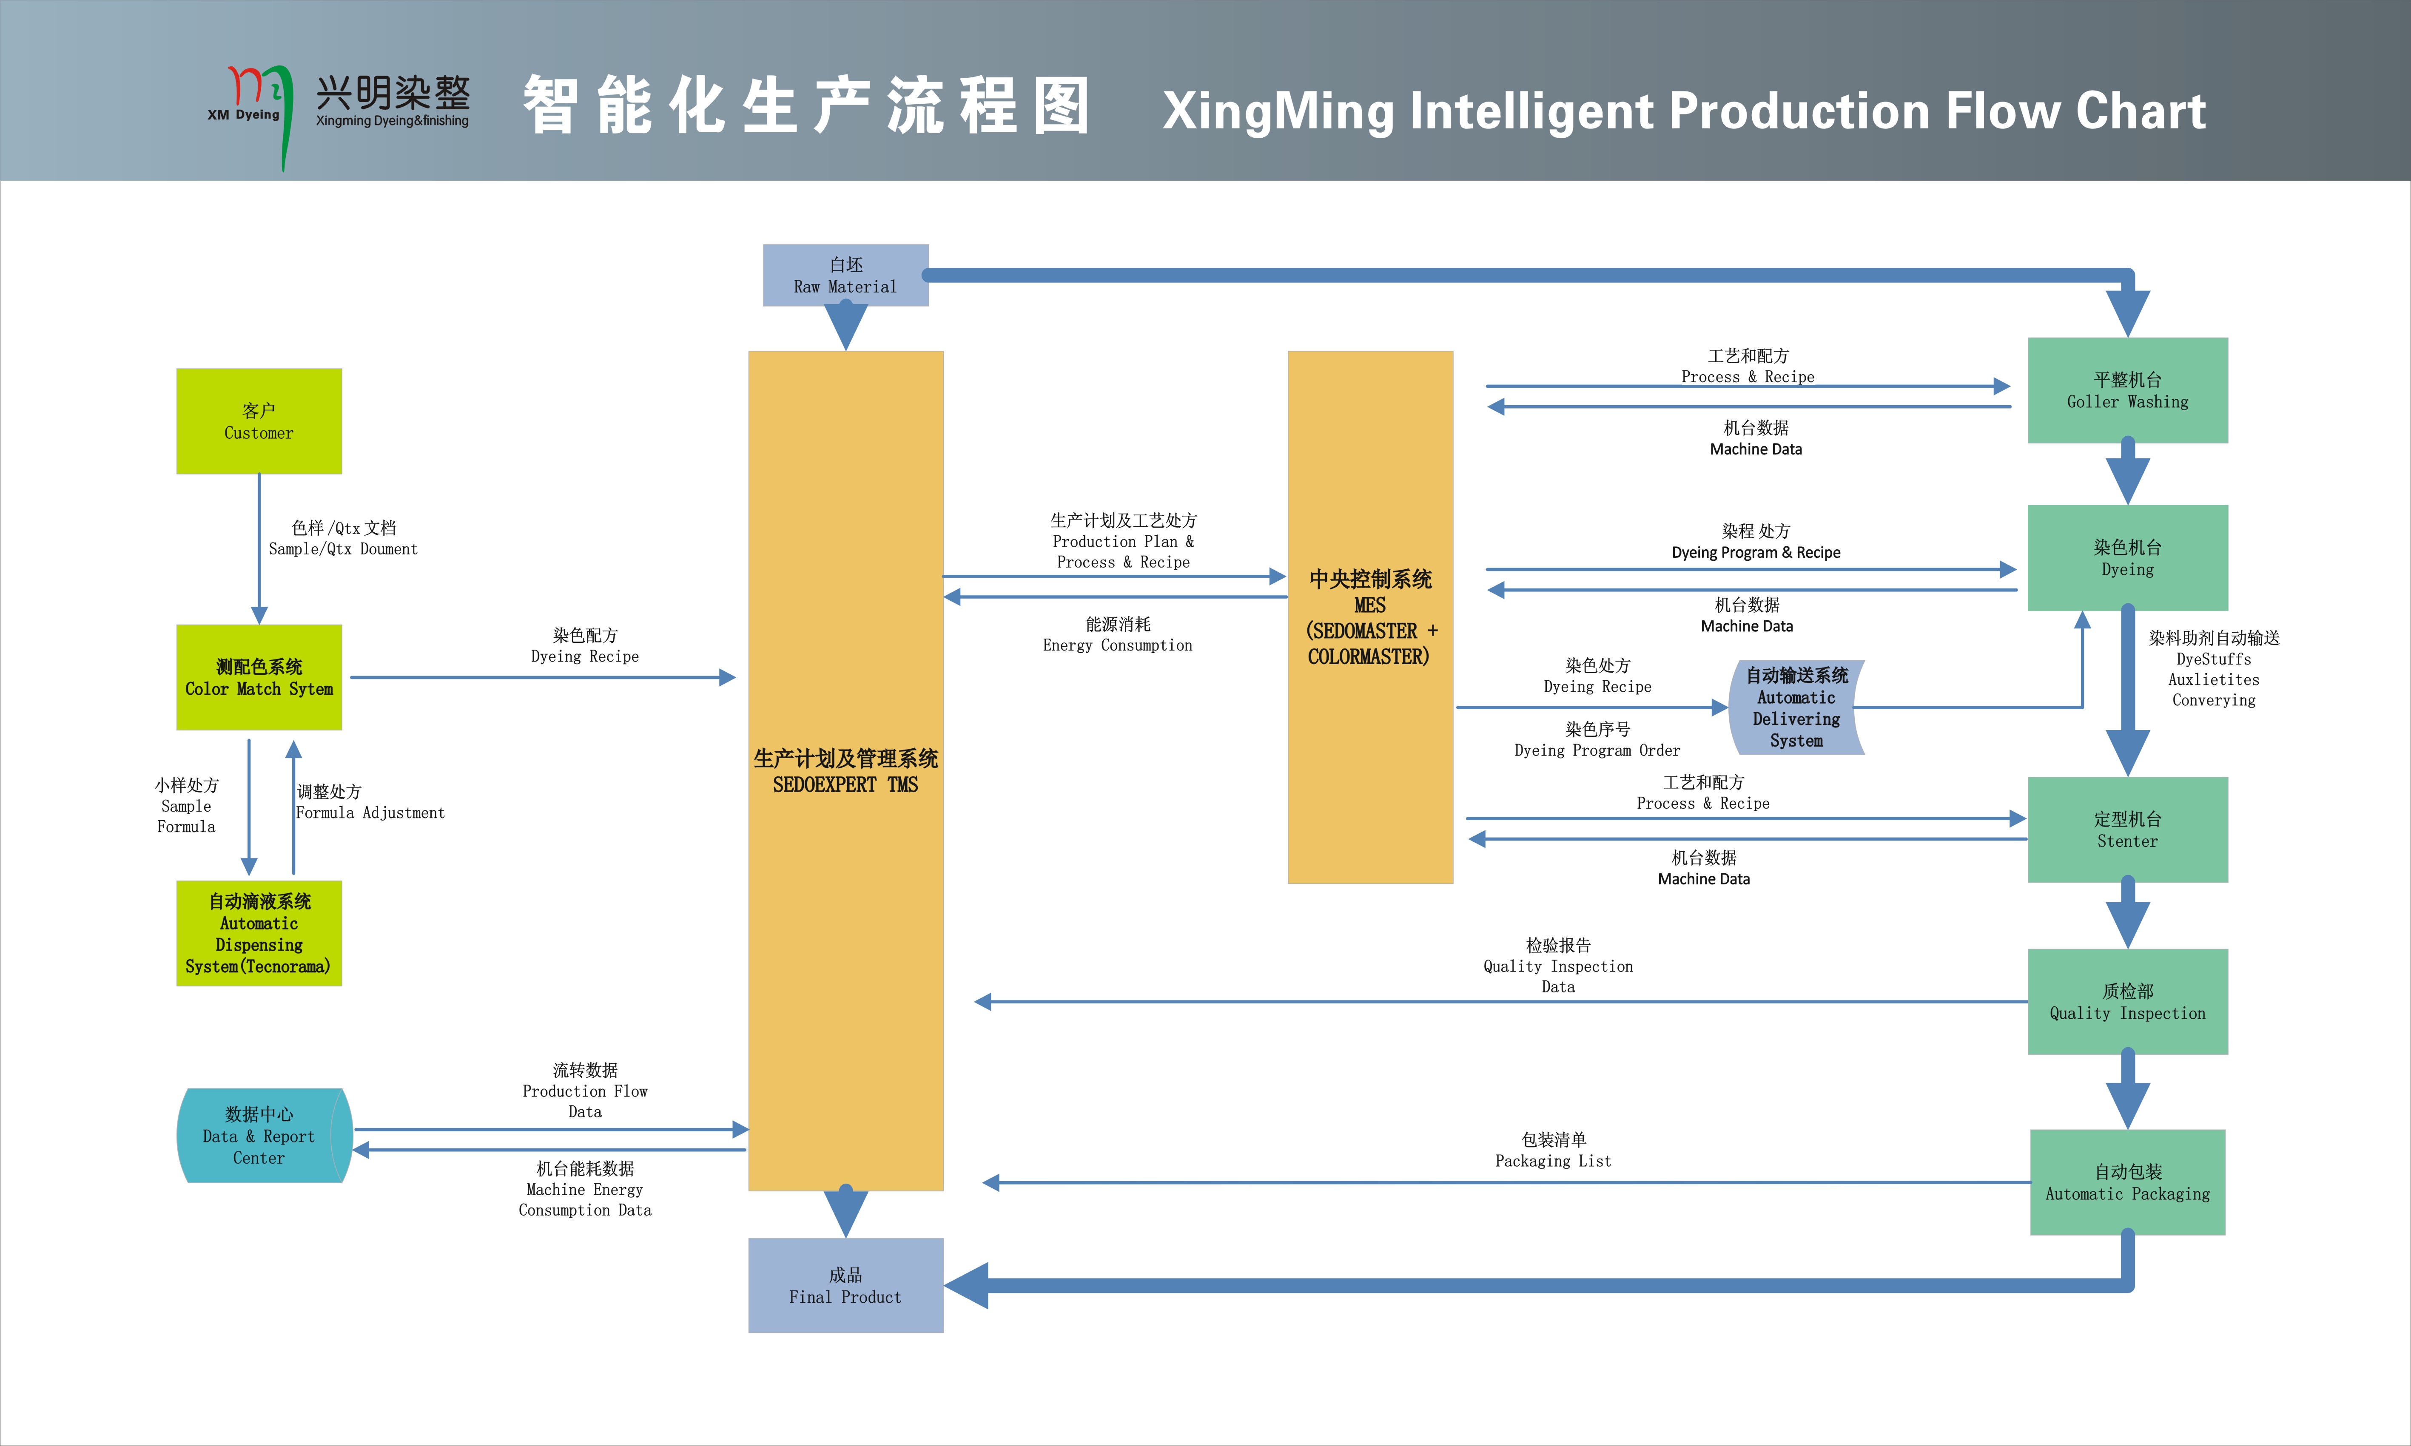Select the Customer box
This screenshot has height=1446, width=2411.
click(258, 421)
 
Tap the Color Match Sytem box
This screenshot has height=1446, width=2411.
click(258, 677)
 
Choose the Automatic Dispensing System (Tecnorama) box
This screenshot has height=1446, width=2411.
click(258, 934)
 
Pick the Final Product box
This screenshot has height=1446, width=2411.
click(845, 1285)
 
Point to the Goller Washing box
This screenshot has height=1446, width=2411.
click(2127, 390)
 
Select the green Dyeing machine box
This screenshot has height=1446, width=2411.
click(2127, 557)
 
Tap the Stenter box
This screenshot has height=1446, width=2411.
click(2127, 829)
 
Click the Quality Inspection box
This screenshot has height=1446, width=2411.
click(2127, 1002)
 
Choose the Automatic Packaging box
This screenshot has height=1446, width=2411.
click(2127, 1182)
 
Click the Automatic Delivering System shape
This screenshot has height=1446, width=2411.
click(1796, 707)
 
